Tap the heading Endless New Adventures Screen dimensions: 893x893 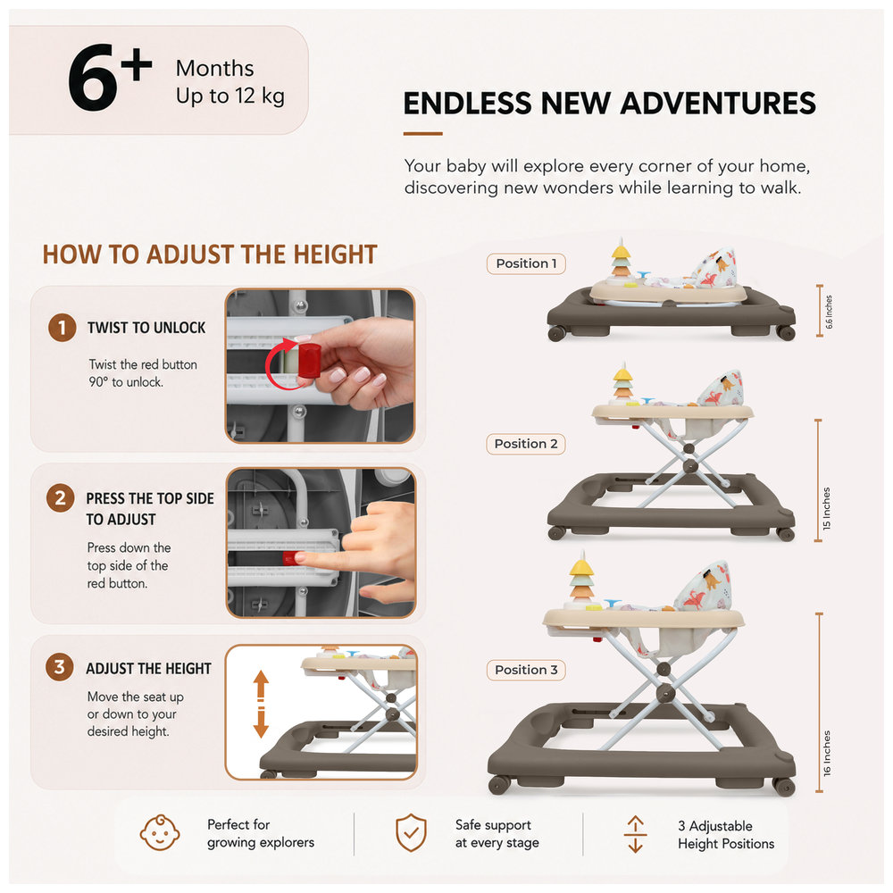609,104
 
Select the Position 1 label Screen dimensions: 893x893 526,263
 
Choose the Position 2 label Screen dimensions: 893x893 526,444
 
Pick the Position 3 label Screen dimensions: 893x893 526,670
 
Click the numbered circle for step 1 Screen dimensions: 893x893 63,328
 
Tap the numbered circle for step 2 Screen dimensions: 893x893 61,498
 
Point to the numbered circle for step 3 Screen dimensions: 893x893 59,667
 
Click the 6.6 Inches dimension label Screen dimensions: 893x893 829,312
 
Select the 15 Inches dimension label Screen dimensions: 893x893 826,509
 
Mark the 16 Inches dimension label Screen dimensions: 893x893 827,753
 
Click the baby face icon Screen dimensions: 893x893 160,832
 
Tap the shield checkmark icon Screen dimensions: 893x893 411,832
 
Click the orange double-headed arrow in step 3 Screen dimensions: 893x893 261,704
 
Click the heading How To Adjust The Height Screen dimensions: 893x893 210,255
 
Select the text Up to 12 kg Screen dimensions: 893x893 230,96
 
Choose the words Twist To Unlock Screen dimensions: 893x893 146,328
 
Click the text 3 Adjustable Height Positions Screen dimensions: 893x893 726,834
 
